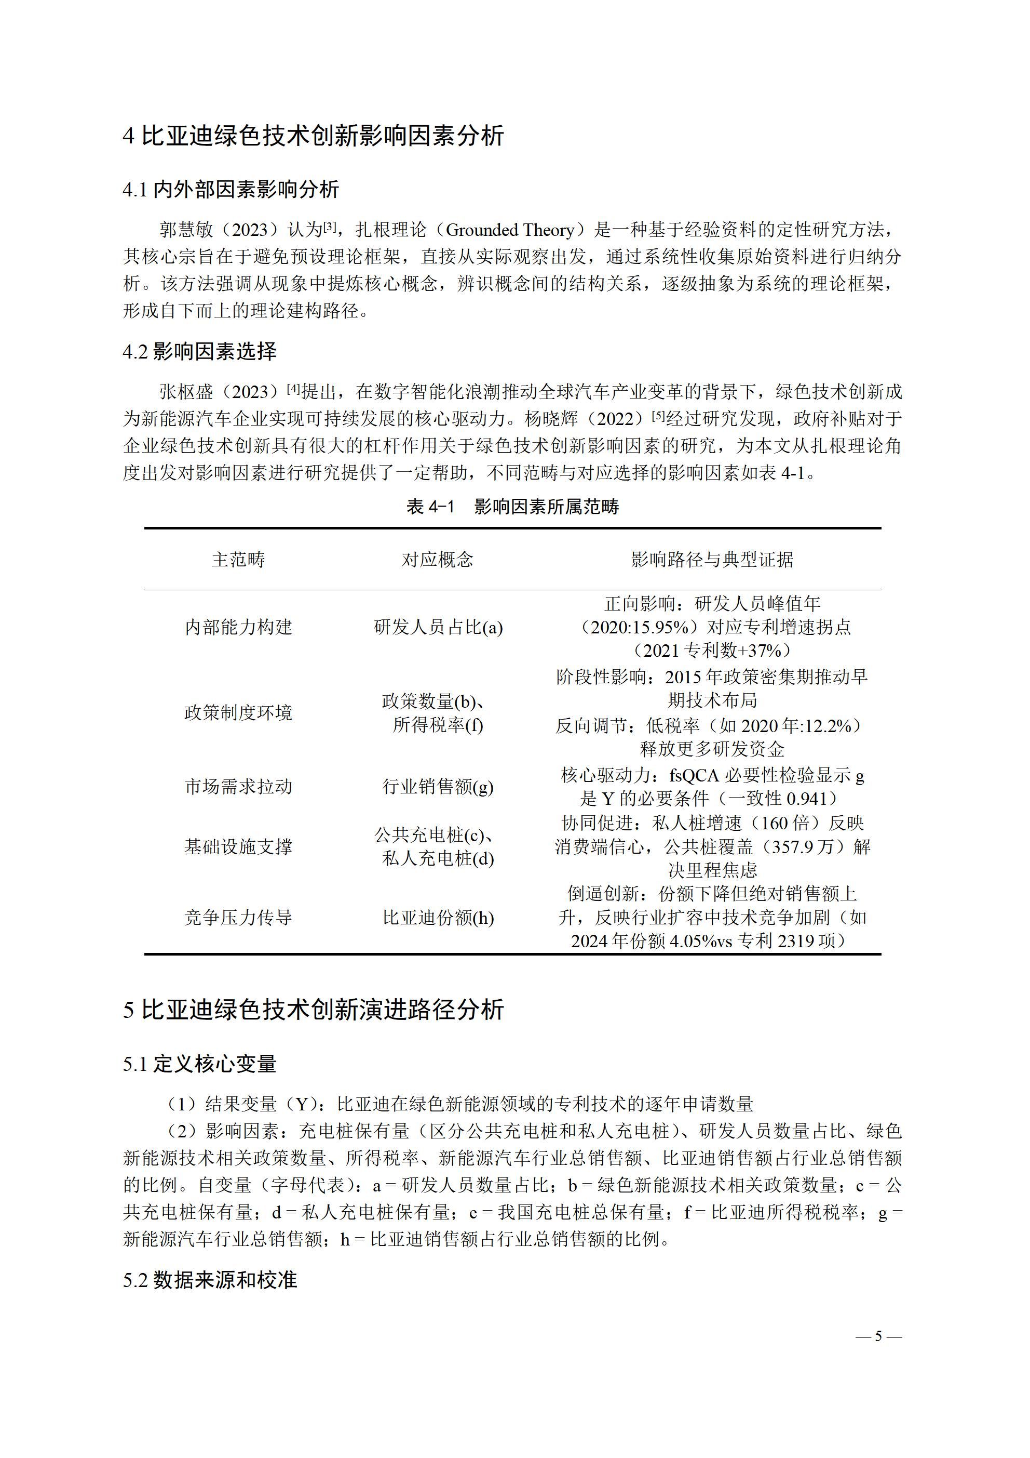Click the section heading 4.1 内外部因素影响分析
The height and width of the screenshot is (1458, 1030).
point(231,189)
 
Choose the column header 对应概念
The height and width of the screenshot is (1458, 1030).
point(437,560)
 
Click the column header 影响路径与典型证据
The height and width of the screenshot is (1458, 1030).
point(712,560)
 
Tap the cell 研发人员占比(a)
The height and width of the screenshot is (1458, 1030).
point(438,627)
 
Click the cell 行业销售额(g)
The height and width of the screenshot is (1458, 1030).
point(437,787)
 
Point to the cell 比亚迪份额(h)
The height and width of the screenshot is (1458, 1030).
point(438,918)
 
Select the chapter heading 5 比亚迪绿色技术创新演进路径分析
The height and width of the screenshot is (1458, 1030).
point(314,1009)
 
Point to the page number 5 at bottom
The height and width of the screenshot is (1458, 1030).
point(878,1336)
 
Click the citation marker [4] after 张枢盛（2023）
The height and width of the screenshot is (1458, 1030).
point(293,389)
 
